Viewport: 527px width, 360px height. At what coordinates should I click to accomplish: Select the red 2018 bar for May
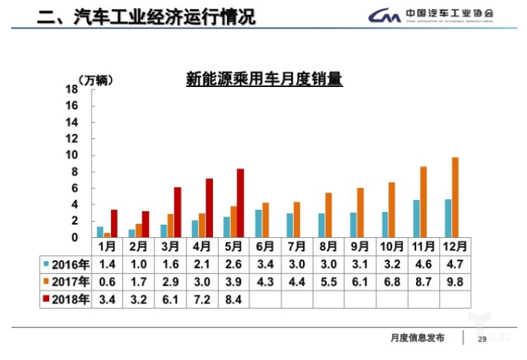pyautogui.click(x=240, y=202)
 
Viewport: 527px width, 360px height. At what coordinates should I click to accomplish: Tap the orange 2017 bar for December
pyautogui.click(x=455, y=197)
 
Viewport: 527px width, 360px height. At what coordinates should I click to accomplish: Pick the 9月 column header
pyautogui.click(x=360, y=246)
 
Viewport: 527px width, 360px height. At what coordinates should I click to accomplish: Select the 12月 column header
pyautogui.click(x=456, y=246)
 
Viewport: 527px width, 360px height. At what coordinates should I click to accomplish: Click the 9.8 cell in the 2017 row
pyautogui.click(x=456, y=282)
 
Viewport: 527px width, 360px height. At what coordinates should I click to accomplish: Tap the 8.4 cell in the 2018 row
pyautogui.click(x=233, y=300)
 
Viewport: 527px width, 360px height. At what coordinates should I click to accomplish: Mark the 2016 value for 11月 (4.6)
pyautogui.click(x=424, y=264)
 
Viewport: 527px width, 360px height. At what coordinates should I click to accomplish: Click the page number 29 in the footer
pyautogui.click(x=482, y=338)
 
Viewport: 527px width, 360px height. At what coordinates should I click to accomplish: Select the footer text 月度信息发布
pyautogui.click(x=417, y=338)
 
